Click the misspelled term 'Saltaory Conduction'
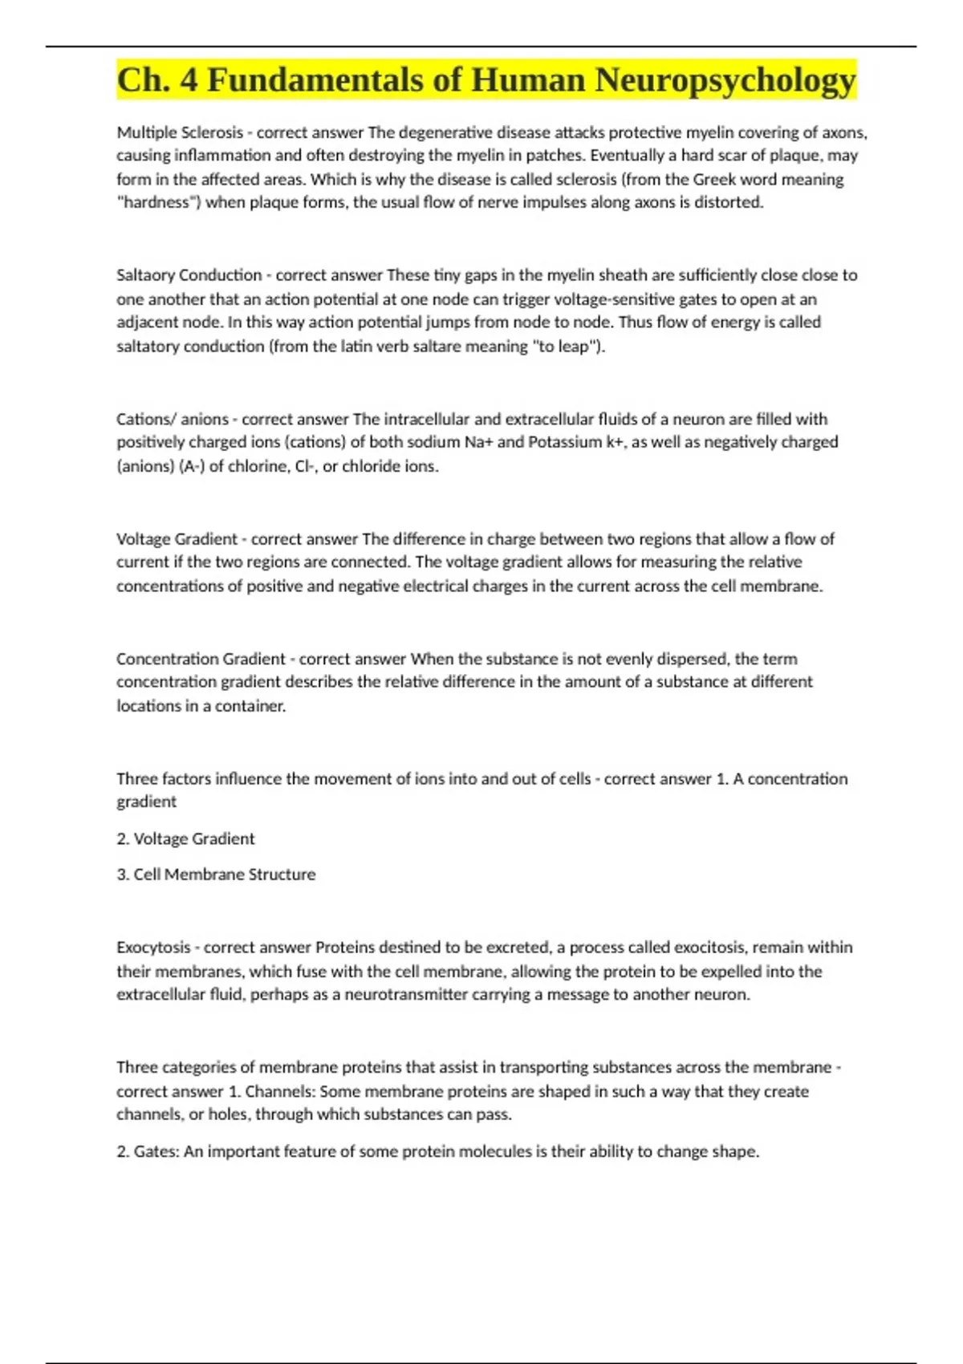click(x=189, y=275)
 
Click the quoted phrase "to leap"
click(x=569, y=347)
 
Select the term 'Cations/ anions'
click(x=173, y=419)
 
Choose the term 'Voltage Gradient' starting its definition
click(x=177, y=539)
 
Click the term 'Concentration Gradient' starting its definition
click(x=201, y=659)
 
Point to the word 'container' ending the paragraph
click(x=249, y=706)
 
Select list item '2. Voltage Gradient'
click(x=185, y=838)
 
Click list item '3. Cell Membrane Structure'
click(x=216, y=875)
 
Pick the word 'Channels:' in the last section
click(x=280, y=1091)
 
